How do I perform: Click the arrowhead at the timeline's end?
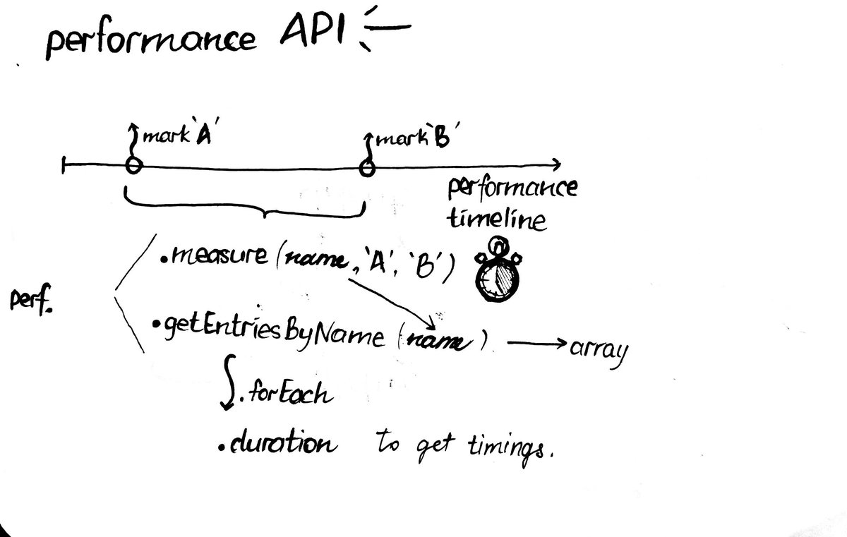pyautogui.click(x=555, y=165)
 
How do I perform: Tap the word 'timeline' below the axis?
pyautogui.click(x=497, y=219)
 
